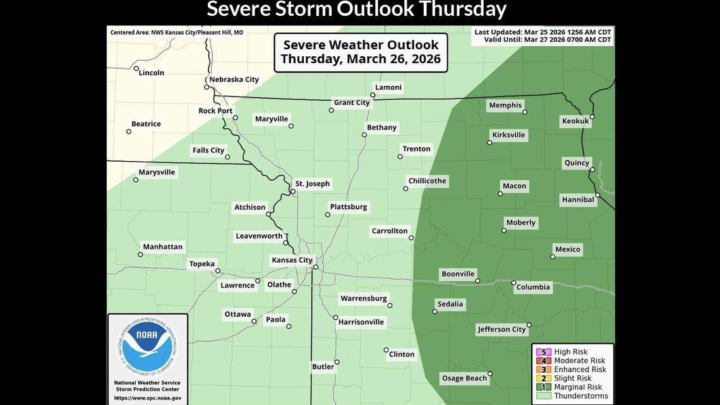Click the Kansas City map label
pyautogui.click(x=292, y=260)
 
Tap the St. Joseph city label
pyautogui.click(x=312, y=184)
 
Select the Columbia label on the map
pyautogui.click(x=532, y=287)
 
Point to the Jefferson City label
pyautogui.click(x=501, y=329)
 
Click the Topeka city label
pyautogui.click(x=202, y=263)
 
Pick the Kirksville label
pyautogui.click(x=508, y=135)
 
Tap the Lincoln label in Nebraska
pyautogui.click(x=152, y=73)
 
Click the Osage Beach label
pyautogui.click(x=464, y=378)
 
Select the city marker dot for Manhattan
pyautogui.click(x=140, y=255)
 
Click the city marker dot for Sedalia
pyautogui.click(x=435, y=311)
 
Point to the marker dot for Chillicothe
pyautogui.click(x=405, y=188)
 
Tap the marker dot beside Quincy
pyautogui.click(x=592, y=169)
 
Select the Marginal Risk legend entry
pyautogui.click(x=577, y=387)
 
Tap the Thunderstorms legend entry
pyautogui.click(x=580, y=396)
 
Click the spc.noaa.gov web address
pyautogui.click(x=147, y=397)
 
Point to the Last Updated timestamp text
pyautogui.click(x=543, y=32)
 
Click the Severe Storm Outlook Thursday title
pyautogui.click(x=357, y=9)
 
